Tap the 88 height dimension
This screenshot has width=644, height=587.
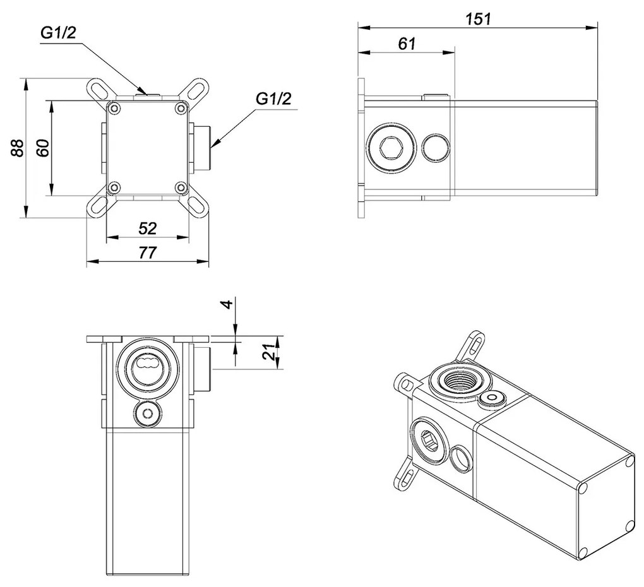click(x=17, y=148)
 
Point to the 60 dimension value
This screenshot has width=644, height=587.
click(x=42, y=149)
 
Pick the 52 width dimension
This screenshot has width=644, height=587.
click(x=147, y=227)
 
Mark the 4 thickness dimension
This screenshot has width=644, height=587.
click(x=229, y=308)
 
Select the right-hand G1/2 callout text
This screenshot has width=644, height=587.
click(x=274, y=99)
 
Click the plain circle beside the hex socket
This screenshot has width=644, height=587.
click(x=434, y=148)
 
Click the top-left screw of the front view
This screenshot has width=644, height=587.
click(x=114, y=109)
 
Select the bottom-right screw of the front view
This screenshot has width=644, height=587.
click(x=181, y=187)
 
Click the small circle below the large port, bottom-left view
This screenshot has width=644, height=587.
click(x=147, y=414)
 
